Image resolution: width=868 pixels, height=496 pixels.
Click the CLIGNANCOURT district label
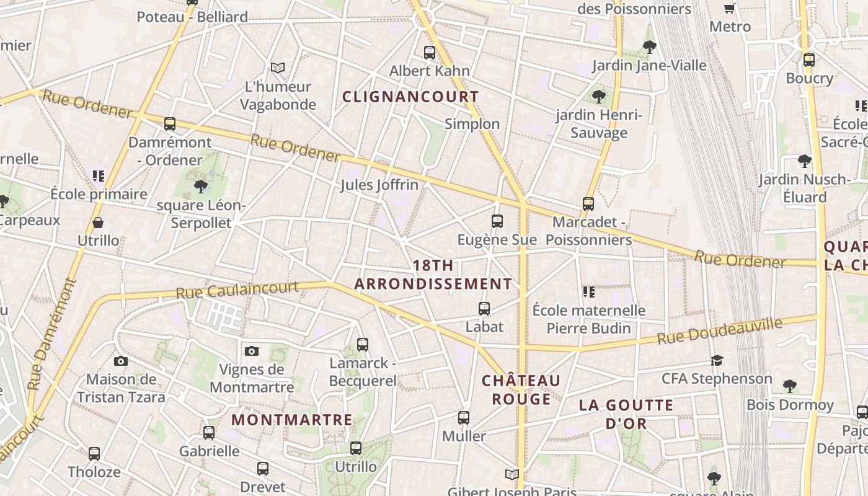pos(410,97)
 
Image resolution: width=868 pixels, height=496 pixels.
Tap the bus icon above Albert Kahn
pos(430,53)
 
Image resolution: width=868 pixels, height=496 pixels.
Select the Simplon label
pos(472,124)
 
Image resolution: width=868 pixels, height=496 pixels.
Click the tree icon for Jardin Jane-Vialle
pos(649,46)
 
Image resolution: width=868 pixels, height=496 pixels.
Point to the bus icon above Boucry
pos(809,60)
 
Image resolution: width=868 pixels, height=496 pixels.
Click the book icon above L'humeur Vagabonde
pos(278,68)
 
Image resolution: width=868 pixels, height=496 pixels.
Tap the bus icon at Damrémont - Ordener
pos(170,123)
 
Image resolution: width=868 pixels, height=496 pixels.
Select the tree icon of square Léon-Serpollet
pos(200,186)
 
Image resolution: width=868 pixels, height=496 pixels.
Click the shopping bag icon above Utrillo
pos(98,222)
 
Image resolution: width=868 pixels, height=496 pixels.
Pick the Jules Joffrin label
pos(379,185)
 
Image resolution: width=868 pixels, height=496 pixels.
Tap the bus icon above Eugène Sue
pos(497,221)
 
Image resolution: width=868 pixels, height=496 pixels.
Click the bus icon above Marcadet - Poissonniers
pos(588,203)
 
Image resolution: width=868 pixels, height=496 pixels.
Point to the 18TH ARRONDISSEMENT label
pos(433,275)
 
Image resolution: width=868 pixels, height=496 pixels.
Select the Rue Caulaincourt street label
pos(237,290)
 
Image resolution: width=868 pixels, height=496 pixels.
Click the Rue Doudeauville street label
pos(720,332)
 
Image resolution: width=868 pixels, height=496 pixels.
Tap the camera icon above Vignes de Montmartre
pos(251,351)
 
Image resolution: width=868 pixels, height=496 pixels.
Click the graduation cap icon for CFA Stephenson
pos(717,360)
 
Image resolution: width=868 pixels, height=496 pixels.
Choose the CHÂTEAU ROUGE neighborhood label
pos(521,389)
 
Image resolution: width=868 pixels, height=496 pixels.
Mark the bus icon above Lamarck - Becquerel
pos(363,344)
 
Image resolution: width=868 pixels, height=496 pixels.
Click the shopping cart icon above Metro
pos(730,8)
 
